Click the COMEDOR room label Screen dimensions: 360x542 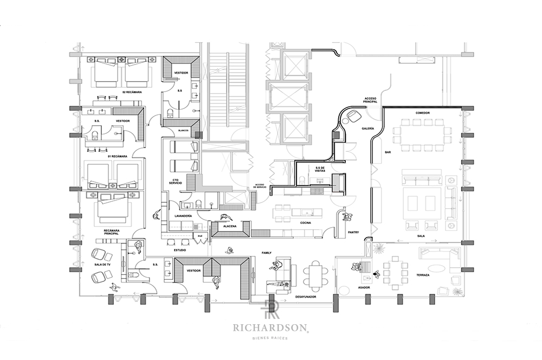coord(423,113)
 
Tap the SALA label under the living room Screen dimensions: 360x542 coord(420,236)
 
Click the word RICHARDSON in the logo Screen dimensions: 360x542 coord(270,327)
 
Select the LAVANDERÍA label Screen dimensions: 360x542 coord(183,216)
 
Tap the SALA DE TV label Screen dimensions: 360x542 coord(102,264)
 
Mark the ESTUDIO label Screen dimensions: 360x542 coord(180,250)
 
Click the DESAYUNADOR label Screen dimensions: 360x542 coord(306,297)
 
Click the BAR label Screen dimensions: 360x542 coord(388,152)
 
